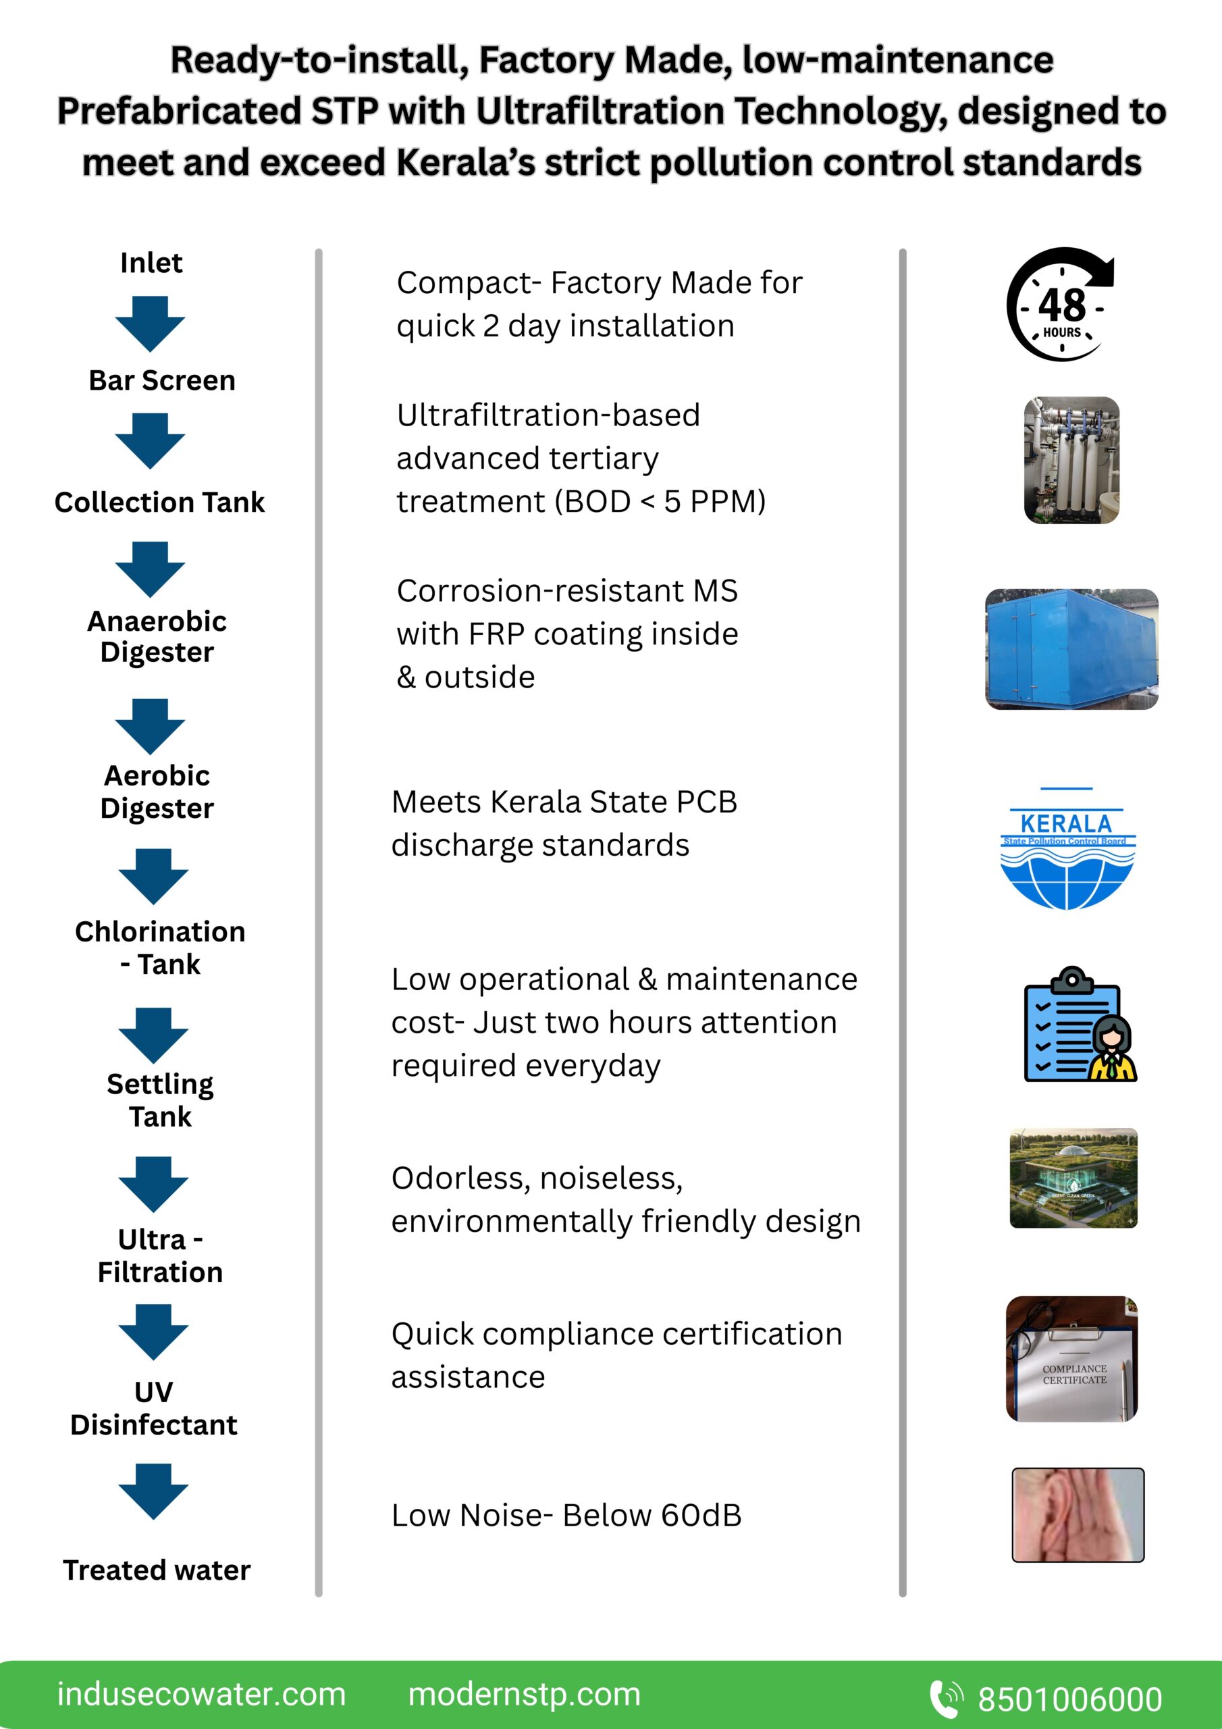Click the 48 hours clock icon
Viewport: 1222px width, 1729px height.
click(1061, 305)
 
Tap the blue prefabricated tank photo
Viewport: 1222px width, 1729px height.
click(1071, 649)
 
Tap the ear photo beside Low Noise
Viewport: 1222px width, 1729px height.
click(1078, 1514)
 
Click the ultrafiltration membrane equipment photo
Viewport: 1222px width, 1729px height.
click(1071, 460)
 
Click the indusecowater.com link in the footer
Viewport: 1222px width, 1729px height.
click(201, 1695)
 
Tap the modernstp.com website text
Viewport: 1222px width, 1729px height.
click(524, 1695)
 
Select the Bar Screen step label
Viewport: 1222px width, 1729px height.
click(162, 380)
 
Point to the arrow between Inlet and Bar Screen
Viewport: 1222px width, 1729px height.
click(151, 323)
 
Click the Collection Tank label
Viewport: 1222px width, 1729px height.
click(159, 502)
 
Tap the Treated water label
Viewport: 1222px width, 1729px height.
click(157, 1570)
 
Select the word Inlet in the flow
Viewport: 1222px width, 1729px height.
click(151, 263)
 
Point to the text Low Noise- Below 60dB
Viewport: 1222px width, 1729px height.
click(566, 1515)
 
